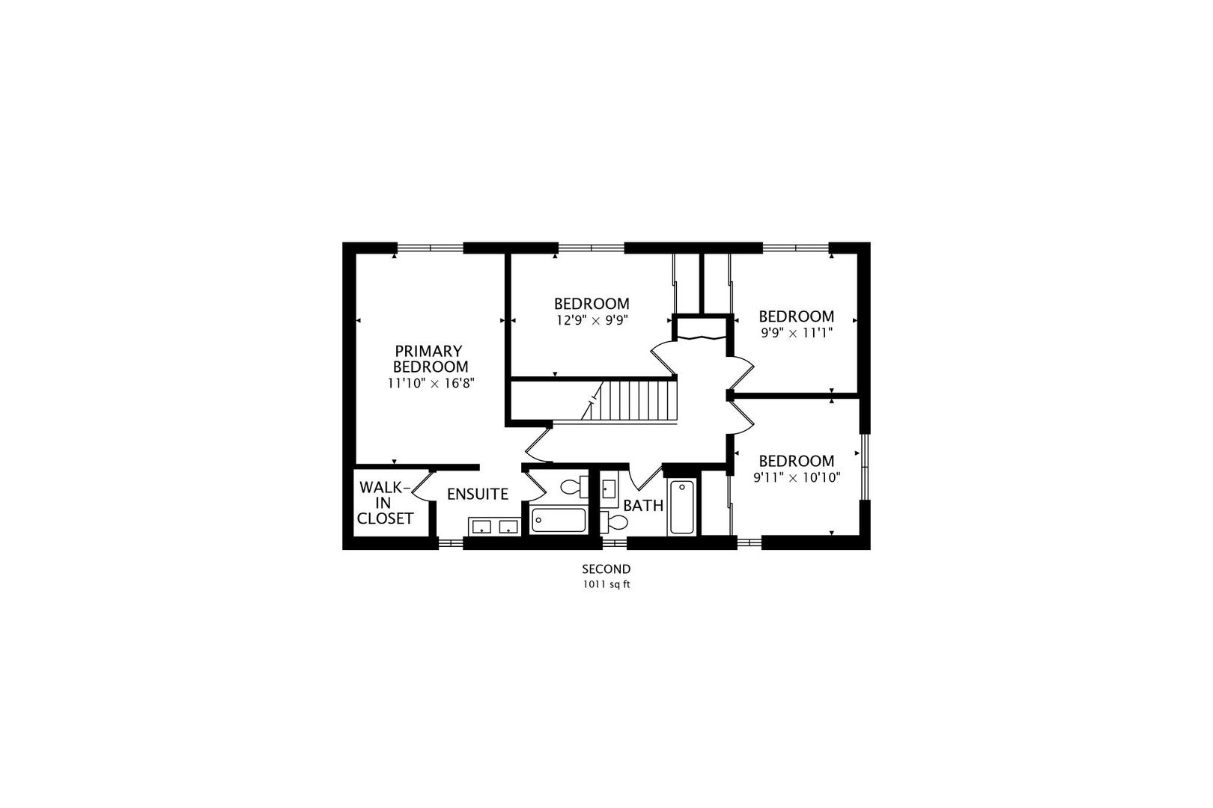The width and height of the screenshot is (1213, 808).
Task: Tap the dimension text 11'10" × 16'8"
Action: coord(431,383)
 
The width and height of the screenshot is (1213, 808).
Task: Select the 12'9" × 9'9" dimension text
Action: coord(592,320)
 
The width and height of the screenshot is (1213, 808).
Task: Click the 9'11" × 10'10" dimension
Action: coord(796,477)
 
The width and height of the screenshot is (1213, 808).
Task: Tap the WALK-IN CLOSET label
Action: coord(385,503)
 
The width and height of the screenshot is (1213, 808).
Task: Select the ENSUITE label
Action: coord(478,495)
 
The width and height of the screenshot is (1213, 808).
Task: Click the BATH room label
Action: coord(643,506)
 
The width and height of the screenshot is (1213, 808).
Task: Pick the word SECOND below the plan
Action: coord(606,569)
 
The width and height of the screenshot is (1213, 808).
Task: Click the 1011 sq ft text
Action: coord(606,585)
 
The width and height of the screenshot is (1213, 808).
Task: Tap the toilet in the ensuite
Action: coord(575,486)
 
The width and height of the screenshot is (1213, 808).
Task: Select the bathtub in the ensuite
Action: coord(559,520)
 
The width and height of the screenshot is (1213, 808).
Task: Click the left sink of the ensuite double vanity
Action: coord(481,527)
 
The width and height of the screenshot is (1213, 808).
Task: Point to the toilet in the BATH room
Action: coord(615,521)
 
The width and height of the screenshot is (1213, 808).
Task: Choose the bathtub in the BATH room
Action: coord(681,507)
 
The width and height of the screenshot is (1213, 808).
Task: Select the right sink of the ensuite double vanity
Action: coord(508,527)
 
